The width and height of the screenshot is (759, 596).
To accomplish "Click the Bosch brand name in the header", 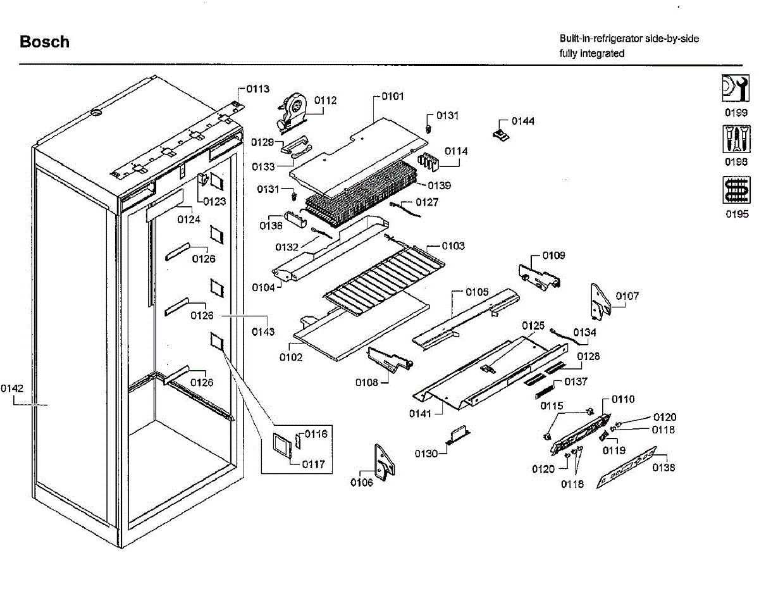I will pyautogui.click(x=44, y=42).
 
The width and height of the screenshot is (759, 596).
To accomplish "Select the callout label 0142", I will pyautogui.click(x=12, y=388).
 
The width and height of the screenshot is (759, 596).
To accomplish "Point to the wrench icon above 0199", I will pyautogui.click(x=736, y=89).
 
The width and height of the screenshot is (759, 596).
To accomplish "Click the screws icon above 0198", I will pyautogui.click(x=736, y=139).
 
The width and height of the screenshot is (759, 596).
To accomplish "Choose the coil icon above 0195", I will pyautogui.click(x=736, y=190).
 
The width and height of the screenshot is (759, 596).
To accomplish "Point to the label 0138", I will pyautogui.click(x=664, y=468).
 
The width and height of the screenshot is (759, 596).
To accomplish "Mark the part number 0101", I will pyautogui.click(x=392, y=97).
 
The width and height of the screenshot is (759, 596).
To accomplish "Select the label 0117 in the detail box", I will pyautogui.click(x=314, y=464).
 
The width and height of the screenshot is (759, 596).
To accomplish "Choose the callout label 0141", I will pyautogui.click(x=419, y=413).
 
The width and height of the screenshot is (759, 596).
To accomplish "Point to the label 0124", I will pyautogui.click(x=188, y=220).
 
